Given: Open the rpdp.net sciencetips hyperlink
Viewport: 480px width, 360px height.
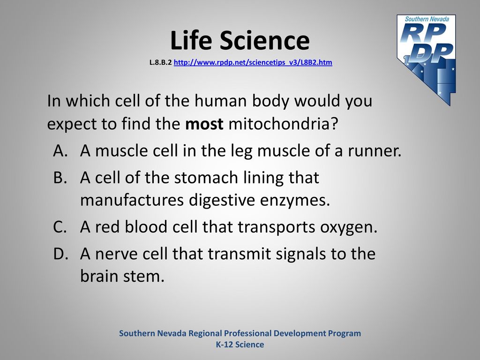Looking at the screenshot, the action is (253, 62).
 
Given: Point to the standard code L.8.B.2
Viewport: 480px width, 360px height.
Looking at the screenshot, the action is (160, 62).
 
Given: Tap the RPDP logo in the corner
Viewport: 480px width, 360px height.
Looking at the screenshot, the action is (427, 60).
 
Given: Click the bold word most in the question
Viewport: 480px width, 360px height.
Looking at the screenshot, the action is (204, 124).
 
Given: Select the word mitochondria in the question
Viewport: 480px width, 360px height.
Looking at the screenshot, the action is (283, 124).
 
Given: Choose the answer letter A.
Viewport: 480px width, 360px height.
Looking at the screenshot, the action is (60, 150).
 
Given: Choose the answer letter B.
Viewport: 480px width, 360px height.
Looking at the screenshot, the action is (60, 177).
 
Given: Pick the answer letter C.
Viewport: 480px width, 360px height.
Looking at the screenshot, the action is (60, 227).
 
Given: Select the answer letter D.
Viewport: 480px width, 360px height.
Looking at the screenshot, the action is (60, 254).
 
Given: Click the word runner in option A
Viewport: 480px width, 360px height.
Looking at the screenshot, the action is (374, 151).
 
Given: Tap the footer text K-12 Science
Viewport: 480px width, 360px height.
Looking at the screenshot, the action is (240, 345).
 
